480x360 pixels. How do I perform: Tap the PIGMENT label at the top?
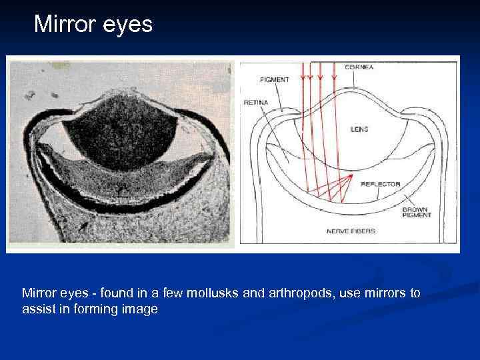(x=275, y=79)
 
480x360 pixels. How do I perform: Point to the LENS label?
(x=359, y=129)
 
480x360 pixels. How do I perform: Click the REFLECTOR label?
(x=380, y=183)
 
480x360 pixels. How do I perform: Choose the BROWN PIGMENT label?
(x=417, y=212)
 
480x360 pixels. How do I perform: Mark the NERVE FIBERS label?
(x=350, y=231)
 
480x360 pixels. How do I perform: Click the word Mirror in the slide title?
(x=65, y=25)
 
